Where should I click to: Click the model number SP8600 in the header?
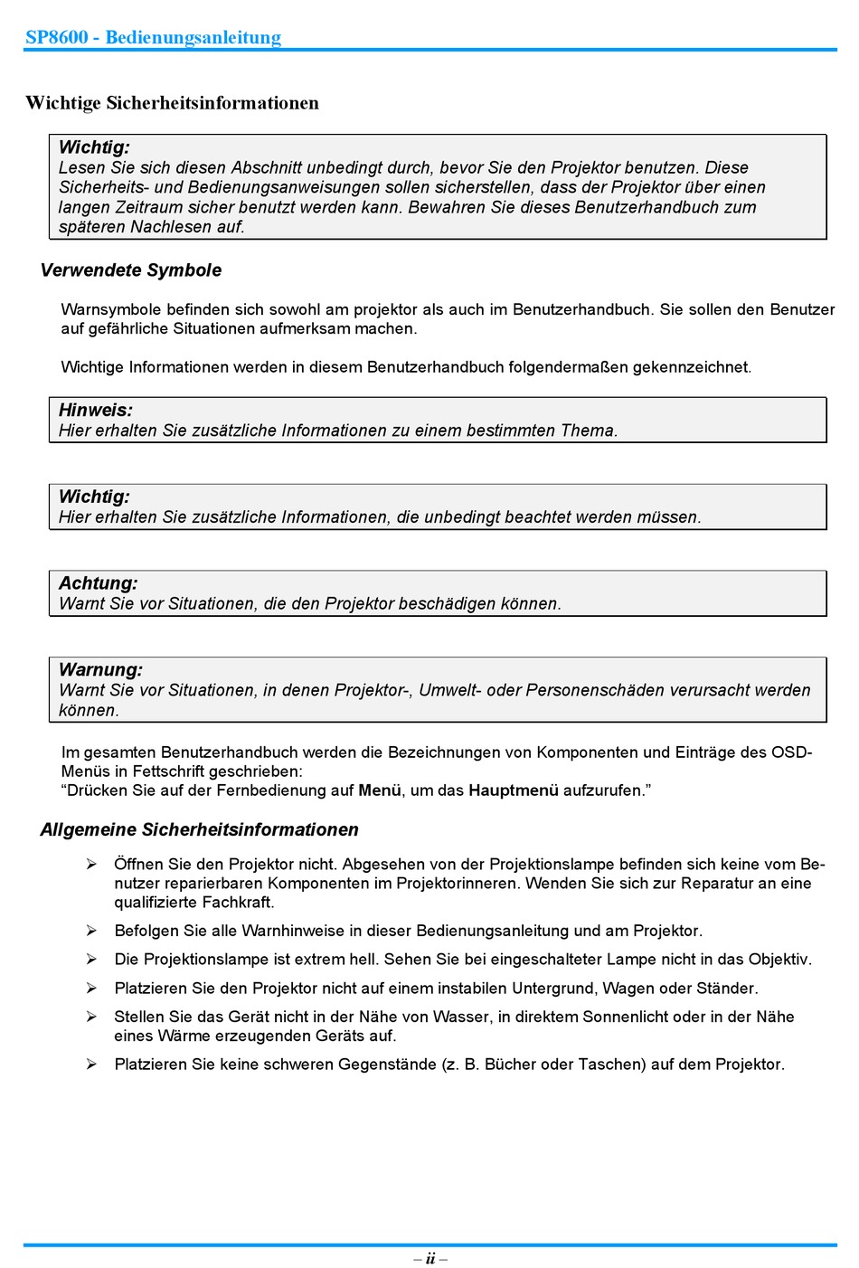[x=57, y=37]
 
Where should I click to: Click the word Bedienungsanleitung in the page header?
[x=193, y=37]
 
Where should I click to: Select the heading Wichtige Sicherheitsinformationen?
[x=172, y=103]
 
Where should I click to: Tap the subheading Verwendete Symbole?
[x=131, y=270]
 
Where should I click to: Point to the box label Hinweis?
[x=96, y=411]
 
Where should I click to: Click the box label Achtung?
[x=99, y=584]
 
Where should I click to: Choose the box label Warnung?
[x=100, y=670]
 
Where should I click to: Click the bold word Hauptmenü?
[x=514, y=790]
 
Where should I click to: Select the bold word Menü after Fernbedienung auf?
[x=380, y=790]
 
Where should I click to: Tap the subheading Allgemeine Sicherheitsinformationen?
[x=199, y=830]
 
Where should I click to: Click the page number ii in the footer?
[x=430, y=1258]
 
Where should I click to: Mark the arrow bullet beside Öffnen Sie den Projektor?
[x=91, y=865]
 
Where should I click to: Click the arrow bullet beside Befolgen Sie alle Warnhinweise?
[x=91, y=931]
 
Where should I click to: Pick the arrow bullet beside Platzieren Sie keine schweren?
[x=91, y=1065]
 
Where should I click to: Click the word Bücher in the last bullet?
[x=510, y=1065]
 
